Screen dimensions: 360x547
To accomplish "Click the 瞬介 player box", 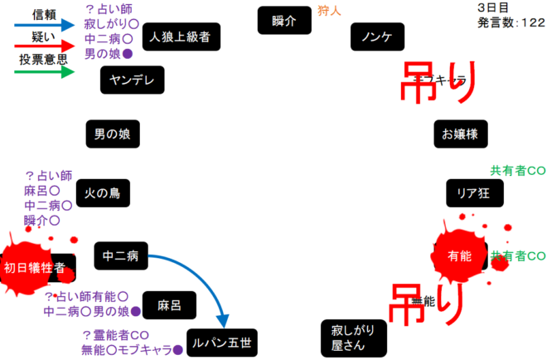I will coord(284,21).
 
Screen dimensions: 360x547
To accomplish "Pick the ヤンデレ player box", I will coord(133,80).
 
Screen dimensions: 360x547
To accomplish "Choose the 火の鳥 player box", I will coord(103,193).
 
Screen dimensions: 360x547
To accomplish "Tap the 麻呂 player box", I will coord(169,305).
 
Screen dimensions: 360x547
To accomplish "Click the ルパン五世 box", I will coord(222,342).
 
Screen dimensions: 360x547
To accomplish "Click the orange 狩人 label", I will coord(329,11).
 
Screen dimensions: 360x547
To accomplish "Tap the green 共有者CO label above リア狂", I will coord(517,171).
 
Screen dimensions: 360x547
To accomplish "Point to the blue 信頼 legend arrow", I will coord(46,26).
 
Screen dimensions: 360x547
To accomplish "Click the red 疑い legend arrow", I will coord(46,48).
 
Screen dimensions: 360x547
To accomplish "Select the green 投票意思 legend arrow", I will coord(46,71).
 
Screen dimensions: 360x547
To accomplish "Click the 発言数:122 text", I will coord(511,23).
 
